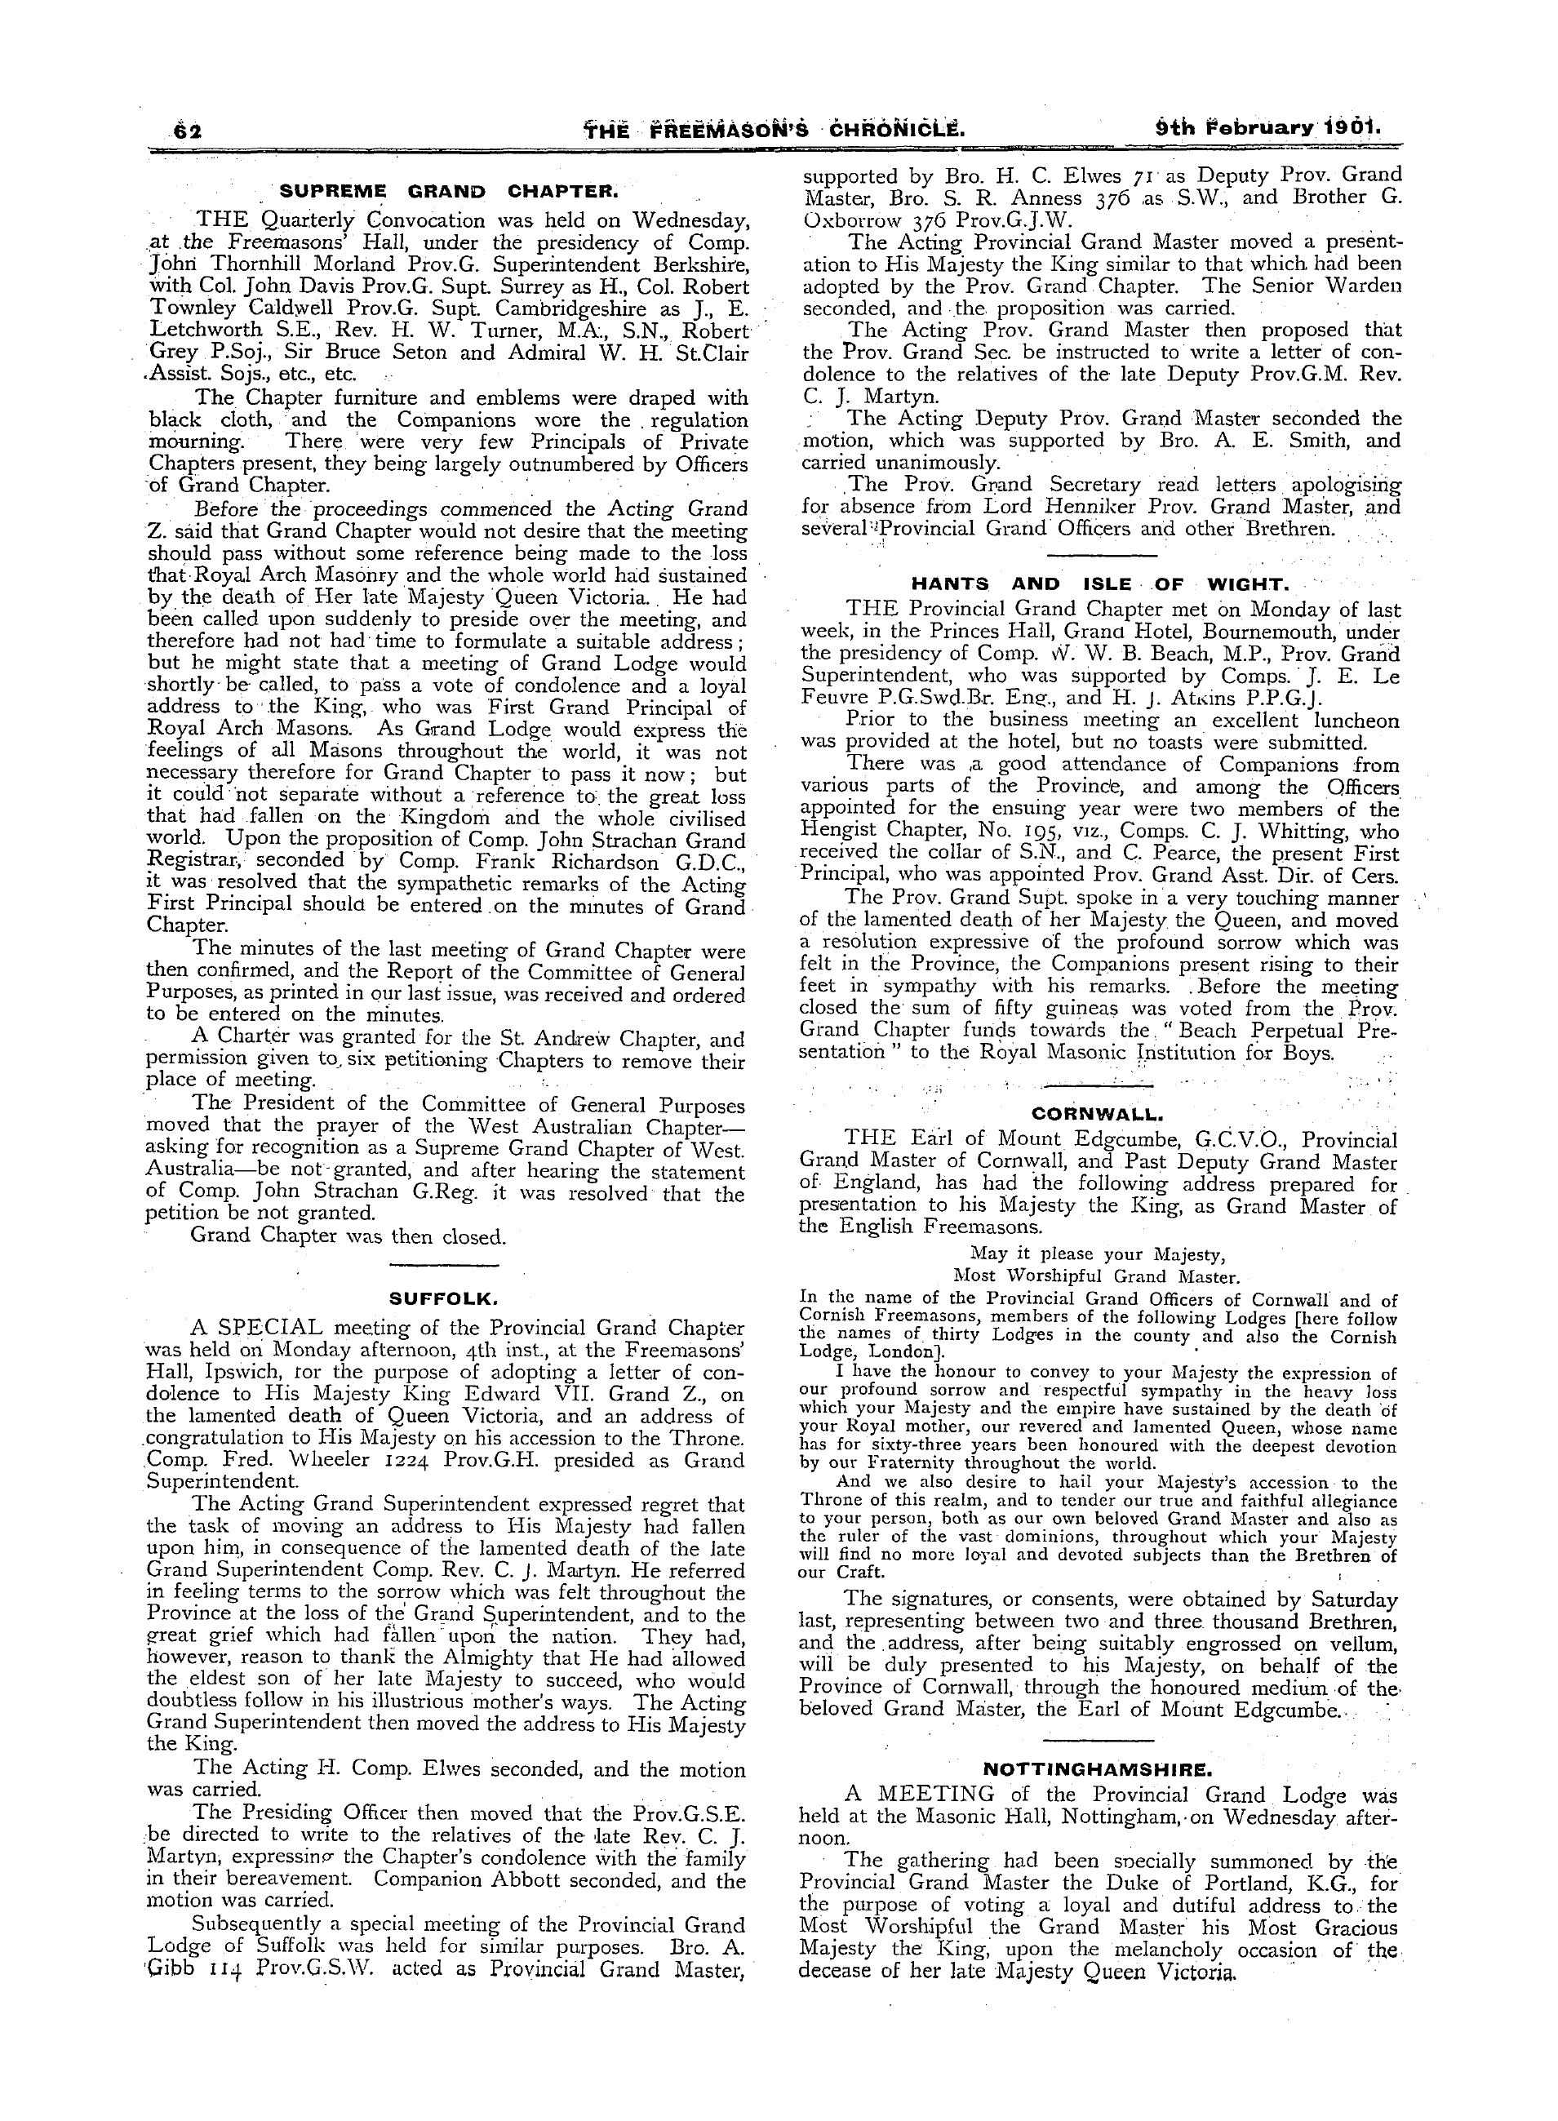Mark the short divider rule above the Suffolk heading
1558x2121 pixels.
pos(443,1265)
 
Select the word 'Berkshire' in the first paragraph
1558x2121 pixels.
pos(690,265)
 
